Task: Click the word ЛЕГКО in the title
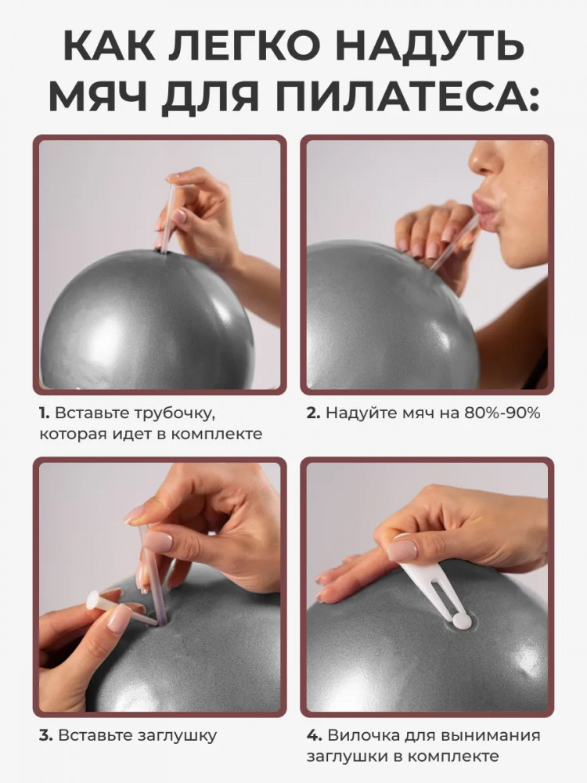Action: pos(246,46)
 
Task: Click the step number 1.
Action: pos(44,413)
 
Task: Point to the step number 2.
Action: pos(313,413)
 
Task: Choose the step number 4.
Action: pos(314,735)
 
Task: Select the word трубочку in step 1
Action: pos(177,414)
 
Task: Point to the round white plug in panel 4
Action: pos(463,620)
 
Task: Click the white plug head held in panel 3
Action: pos(93,601)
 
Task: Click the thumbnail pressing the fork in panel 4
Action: pos(402,550)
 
